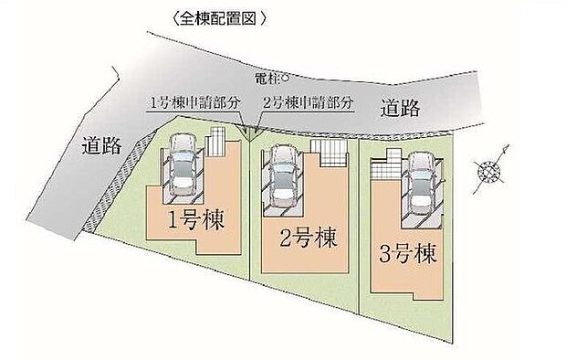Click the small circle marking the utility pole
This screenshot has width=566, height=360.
(x=284, y=79)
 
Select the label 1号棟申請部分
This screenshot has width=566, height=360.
(x=194, y=105)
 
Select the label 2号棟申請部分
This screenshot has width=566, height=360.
(x=308, y=105)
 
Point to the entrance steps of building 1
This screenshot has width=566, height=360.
(x=215, y=145)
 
